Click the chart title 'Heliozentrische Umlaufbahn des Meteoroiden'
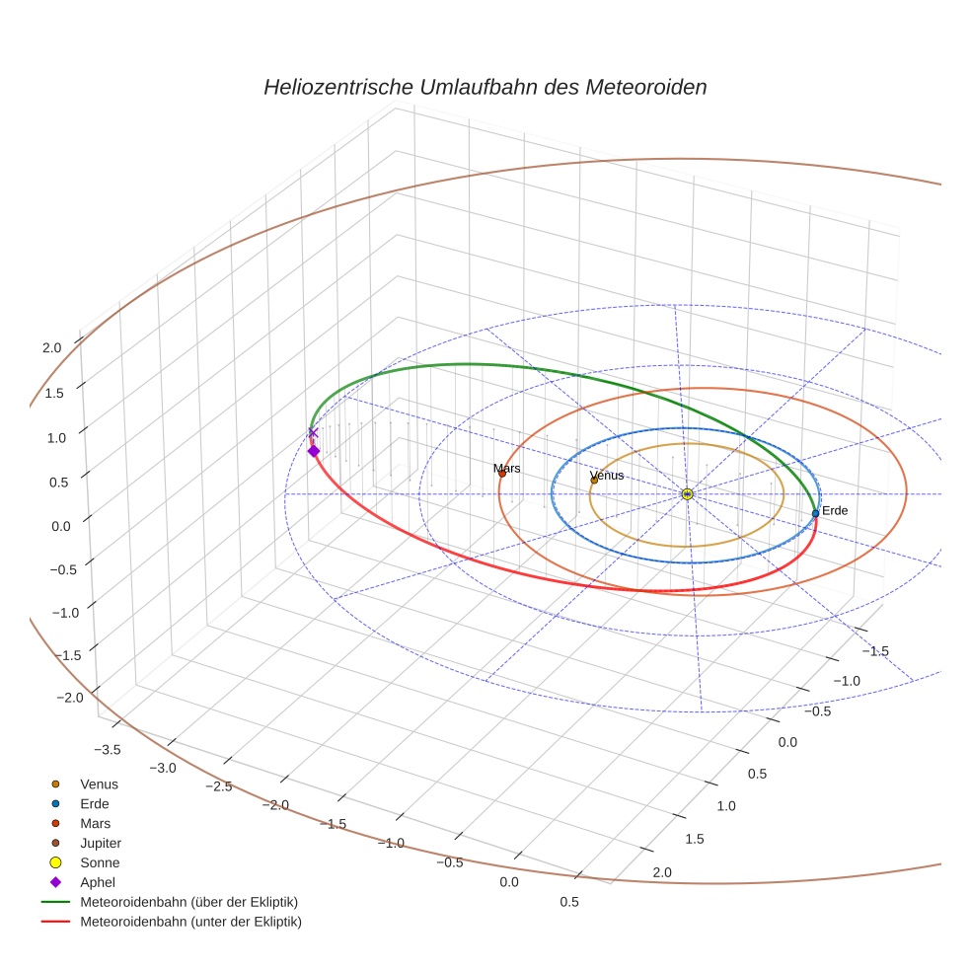point(485,87)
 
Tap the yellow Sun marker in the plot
point(687,493)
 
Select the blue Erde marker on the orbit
point(815,513)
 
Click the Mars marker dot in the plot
point(501,474)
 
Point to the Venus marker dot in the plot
point(594,481)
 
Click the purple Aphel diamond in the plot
point(314,451)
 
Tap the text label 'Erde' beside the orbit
point(835,510)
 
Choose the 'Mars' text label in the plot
point(507,468)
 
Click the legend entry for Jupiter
point(100,843)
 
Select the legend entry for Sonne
point(100,862)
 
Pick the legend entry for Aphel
point(98,882)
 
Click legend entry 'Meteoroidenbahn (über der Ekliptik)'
point(188,902)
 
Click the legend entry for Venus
point(99,784)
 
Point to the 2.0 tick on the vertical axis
point(51,347)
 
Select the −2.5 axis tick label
point(218,785)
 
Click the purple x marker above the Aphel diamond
point(314,432)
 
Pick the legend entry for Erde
point(95,803)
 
